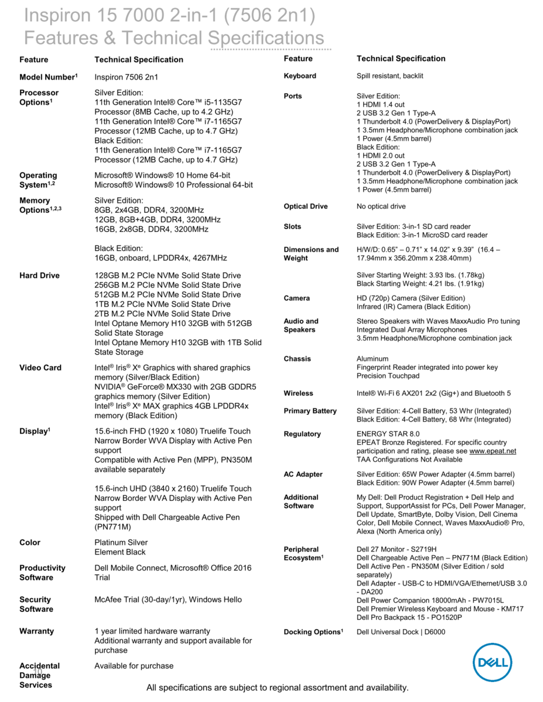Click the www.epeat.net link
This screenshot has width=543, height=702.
493,451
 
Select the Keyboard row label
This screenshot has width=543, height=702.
300,76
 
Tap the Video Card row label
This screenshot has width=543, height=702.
40,368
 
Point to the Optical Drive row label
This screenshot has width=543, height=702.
306,207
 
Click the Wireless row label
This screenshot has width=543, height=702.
298,393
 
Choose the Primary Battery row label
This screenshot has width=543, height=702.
310,411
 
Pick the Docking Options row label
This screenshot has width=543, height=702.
313,632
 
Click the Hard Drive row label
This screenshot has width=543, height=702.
39,276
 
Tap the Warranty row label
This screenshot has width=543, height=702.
36,631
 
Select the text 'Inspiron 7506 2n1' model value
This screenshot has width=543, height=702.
126,77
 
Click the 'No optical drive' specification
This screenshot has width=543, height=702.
381,207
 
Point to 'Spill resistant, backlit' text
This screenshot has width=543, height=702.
390,76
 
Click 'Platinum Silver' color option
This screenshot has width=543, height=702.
121,542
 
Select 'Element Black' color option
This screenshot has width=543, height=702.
120,552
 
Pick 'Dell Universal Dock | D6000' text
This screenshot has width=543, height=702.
401,632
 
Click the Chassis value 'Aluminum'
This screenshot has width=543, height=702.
372,359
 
